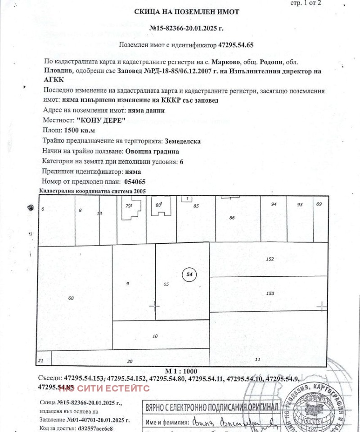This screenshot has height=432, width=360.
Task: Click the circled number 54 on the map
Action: pyautogui.click(x=189, y=274)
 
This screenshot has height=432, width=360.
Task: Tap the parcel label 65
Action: pyautogui.click(x=166, y=284)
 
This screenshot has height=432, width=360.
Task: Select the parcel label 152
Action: pyautogui.click(x=270, y=259)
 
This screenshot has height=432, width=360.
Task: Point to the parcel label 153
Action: pyautogui.click(x=270, y=293)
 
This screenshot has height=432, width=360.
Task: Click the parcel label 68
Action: pyautogui.click(x=71, y=298)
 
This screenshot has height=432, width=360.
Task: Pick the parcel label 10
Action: pyautogui.click(x=155, y=336)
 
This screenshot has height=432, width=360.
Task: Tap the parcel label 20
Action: pyautogui.click(x=130, y=361)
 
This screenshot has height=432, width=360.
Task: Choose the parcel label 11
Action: pyautogui.click(x=257, y=359)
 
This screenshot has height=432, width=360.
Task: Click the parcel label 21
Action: pyautogui.click(x=41, y=360)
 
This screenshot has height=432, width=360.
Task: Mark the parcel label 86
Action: pyautogui.click(x=232, y=218)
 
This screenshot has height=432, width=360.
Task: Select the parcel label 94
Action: pyautogui.click(x=274, y=204)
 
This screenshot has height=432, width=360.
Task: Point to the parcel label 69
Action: pyautogui.click(x=319, y=204)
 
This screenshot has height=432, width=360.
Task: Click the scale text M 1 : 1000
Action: pyautogui.click(x=181, y=371)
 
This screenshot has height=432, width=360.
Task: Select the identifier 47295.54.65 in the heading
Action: pyautogui.click(x=236, y=45)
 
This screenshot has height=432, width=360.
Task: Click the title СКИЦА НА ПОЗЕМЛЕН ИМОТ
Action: pyautogui.click(x=186, y=12)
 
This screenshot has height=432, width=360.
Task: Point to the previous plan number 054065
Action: pyautogui.click(x=134, y=182)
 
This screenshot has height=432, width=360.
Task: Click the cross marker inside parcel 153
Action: pyautogui.click(x=321, y=306)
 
